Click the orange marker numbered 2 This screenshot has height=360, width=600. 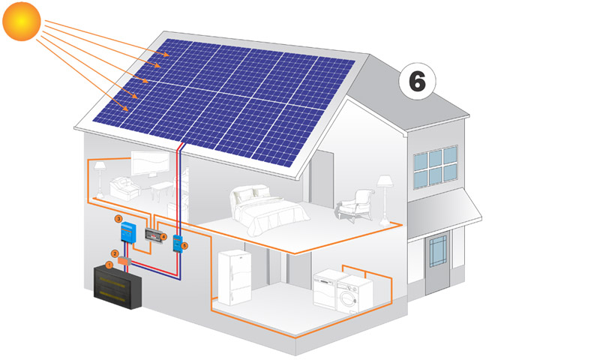tap(115, 253)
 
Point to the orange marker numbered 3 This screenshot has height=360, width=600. tap(118, 218)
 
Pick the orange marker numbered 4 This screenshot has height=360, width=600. tap(163, 236)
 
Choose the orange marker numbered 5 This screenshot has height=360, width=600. tap(185, 244)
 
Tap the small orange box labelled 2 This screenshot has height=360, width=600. tap(125, 259)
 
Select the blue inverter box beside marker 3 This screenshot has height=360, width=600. tap(128, 235)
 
